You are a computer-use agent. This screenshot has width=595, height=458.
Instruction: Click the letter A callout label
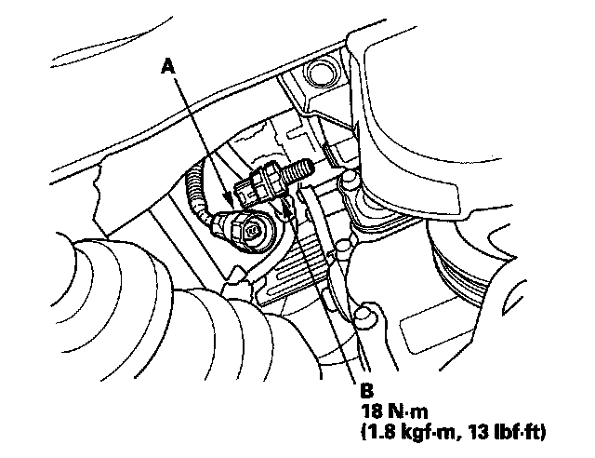coord(168,65)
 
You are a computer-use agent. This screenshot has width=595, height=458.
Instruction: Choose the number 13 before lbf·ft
coord(471,431)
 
